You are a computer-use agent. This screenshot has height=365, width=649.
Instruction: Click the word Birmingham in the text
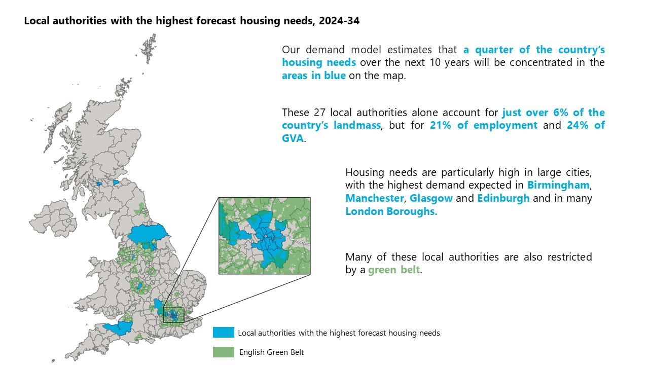pyautogui.click(x=558, y=185)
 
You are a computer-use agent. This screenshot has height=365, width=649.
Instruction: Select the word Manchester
pyautogui.click(x=375, y=198)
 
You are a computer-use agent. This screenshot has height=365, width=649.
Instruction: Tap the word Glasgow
pyautogui.click(x=431, y=198)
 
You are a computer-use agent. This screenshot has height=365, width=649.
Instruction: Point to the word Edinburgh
pyautogui.click(x=503, y=198)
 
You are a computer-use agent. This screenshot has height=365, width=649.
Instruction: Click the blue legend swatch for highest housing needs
pyautogui.click(x=224, y=332)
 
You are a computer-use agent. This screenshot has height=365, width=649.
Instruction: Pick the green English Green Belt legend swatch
pyautogui.click(x=224, y=352)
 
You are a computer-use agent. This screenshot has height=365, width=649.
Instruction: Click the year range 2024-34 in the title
pyautogui.click(x=339, y=21)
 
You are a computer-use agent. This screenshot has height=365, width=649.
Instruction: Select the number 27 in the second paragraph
pyautogui.click(x=319, y=113)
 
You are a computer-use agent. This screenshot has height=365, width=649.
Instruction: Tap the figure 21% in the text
pyautogui.click(x=441, y=125)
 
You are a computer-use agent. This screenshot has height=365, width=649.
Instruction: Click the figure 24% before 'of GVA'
pyautogui.click(x=578, y=125)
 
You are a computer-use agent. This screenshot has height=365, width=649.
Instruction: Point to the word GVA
pyautogui.click(x=293, y=138)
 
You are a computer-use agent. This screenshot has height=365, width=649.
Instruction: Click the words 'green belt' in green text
pyautogui.click(x=394, y=270)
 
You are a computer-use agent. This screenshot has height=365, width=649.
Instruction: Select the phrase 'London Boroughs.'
pyautogui.click(x=391, y=211)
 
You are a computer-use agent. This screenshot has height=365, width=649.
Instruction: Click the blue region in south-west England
pyautogui.click(x=119, y=327)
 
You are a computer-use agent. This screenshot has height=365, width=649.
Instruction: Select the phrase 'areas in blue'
pyautogui.click(x=314, y=76)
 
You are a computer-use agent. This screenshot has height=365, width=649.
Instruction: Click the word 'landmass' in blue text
pyautogui.click(x=357, y=125)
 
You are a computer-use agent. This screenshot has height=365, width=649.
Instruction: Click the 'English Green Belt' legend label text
pyautogui.click(x=271, y=352)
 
